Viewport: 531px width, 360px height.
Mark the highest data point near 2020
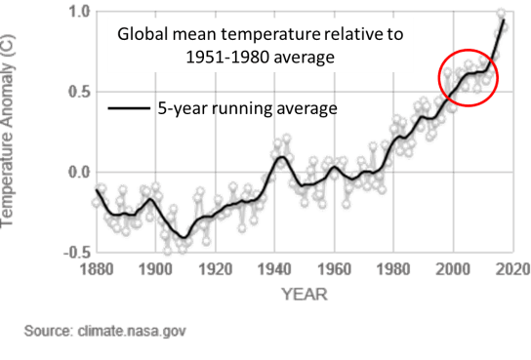502,13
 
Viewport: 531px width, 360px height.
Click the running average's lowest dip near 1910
183,237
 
